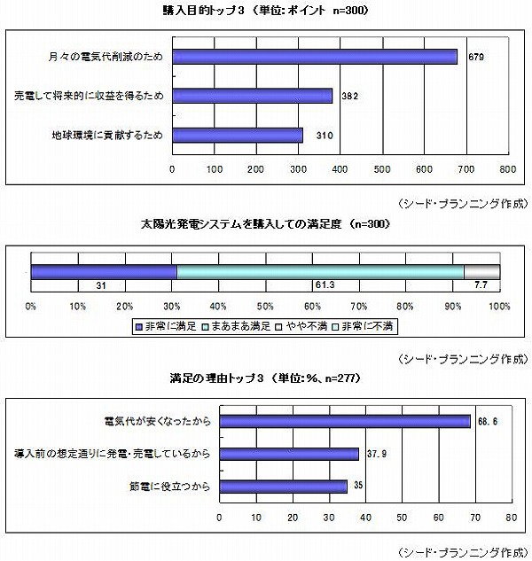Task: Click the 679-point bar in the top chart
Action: (315, 57)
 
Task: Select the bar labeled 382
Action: (253, 96)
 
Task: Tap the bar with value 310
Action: (238, 136)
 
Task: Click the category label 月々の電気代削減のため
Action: (106, 57)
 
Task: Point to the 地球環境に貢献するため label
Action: (107, 136)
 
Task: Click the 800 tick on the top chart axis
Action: (508, 169)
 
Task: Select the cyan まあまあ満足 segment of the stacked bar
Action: (320, 272)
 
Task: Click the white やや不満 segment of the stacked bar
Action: (481, 272)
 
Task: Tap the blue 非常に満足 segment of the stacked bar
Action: (104, 272)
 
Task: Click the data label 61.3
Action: (325, 284)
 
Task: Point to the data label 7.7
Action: (481, 284)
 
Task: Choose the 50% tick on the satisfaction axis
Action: (265, 307)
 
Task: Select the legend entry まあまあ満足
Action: (236, 326)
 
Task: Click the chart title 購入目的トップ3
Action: (203, 11)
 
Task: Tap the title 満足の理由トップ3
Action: (216, 378)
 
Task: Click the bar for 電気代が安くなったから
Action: (345, 422)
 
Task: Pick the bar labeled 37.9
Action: (289, 454)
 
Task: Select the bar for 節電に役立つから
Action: (283, 487)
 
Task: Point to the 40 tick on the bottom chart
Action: (365, 518)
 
